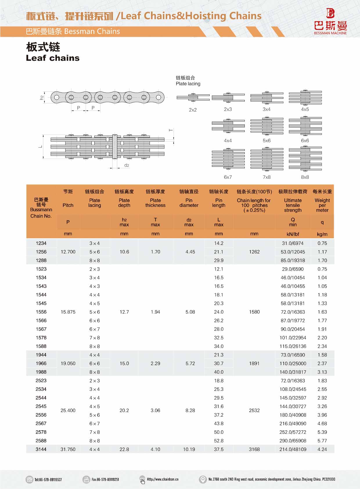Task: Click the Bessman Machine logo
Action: tap(330, 22)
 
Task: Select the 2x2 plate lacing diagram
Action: tap(193, 97)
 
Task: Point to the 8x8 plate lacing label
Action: tap(305, 177)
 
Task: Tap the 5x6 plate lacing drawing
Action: tap(267, 126)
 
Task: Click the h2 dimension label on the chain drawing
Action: tap(42, 98)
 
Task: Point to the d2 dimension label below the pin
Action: tap(127, 165)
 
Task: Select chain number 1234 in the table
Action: tap(41, 243)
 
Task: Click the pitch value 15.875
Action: tap(68, 312)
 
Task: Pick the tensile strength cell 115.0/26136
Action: tap(293, 346)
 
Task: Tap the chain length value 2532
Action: tap(254, 410)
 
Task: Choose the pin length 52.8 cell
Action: tap(219, 440)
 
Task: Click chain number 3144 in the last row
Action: tap(41, 449)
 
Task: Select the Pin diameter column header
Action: tap(189, 203)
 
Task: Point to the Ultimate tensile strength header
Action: tap(293, 205)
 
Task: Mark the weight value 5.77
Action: tap(322, 440)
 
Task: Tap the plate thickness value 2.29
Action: tap(155, 363)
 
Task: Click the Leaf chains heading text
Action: tap(53, 58)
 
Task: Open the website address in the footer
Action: tap(163, 479)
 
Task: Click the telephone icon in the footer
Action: tap(29, 479)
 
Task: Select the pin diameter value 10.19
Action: tap(189, 449)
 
